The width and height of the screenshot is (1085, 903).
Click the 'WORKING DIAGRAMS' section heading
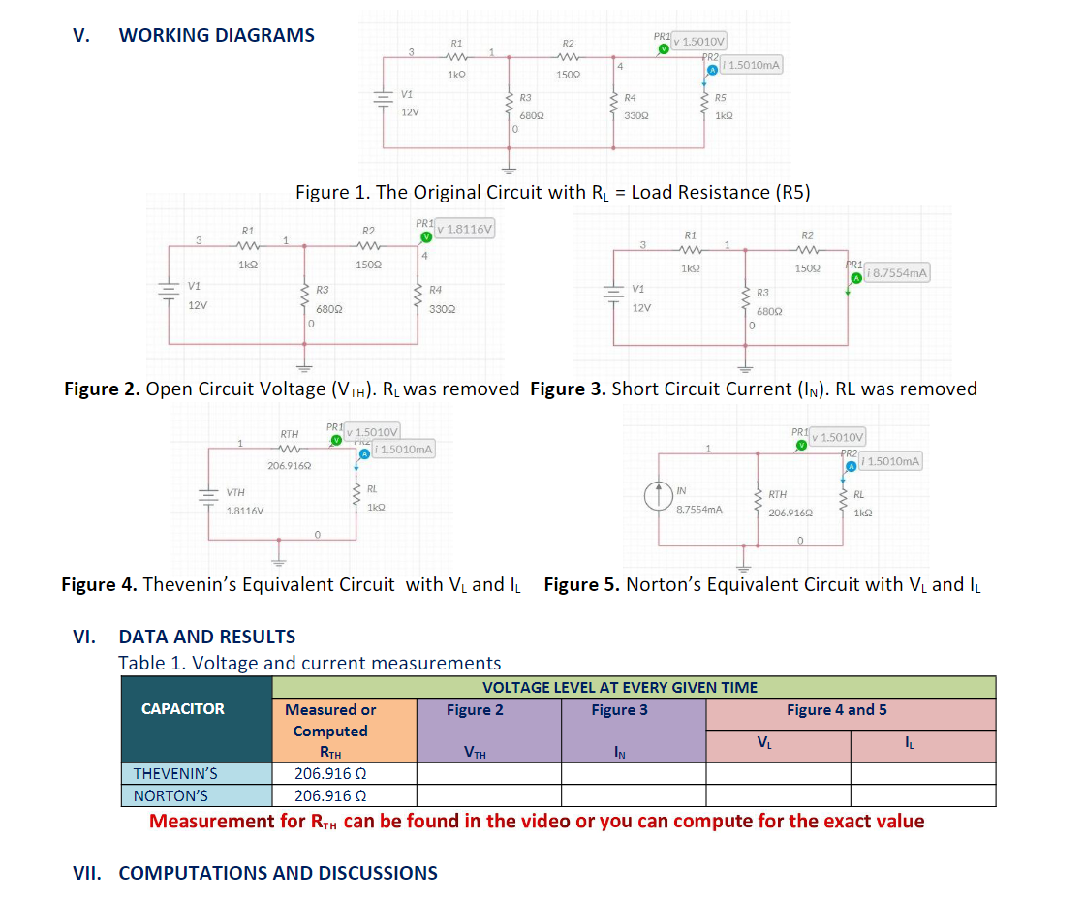[216, 35]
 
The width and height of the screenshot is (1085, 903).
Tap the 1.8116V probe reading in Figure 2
[467, 229]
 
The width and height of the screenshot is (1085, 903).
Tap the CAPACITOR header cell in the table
[183, 709]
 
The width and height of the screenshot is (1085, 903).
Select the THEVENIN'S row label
[175, 773]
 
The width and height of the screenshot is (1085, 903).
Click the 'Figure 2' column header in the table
[475, 710]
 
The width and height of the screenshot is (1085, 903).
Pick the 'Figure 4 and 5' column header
[836, 710]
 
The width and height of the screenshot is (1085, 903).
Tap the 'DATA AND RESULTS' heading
[206, 637]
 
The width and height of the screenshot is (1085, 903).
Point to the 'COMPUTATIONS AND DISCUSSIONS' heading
[277, 873]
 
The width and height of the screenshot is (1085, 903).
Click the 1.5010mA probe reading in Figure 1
[752, 65]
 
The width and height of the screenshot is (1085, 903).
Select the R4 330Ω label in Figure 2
[436, 297]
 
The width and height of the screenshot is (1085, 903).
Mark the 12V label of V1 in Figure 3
[641, 307]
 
